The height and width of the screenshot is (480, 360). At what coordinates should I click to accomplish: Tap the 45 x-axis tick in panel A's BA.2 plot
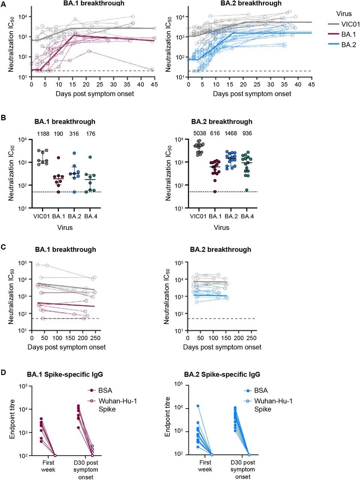[x=311, y=85]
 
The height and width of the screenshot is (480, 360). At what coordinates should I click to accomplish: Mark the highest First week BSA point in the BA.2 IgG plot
[x=198, y=406]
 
